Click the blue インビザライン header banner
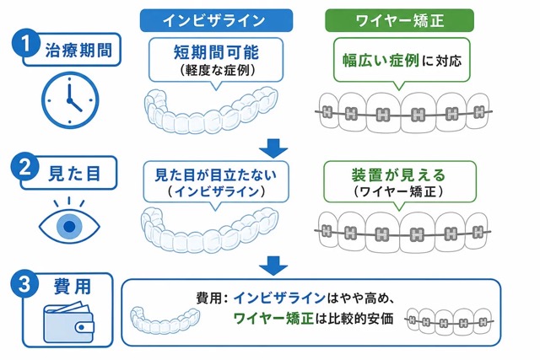[x=216, y=20]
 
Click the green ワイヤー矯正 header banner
[x=399, y=20]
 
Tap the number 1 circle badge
[x=25, y=44]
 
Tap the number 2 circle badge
[x=24, y=168]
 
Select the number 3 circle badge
[x=24, y=285]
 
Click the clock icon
[x=70, y=100]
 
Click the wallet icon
[x=68, y=322]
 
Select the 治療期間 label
[x=78, y=51]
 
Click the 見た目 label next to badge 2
[x=74, y=173]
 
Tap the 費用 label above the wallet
[x=73, y=287]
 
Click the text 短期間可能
[x=216, y=52]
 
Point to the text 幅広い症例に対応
[x=402, y=61]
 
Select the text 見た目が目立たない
[x=216, y=175]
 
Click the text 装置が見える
[x=399, y=175]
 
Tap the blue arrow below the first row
[x=273, y=148]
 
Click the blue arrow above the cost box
[x=273, y=266]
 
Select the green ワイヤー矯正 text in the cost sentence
[x=273, y=319]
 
